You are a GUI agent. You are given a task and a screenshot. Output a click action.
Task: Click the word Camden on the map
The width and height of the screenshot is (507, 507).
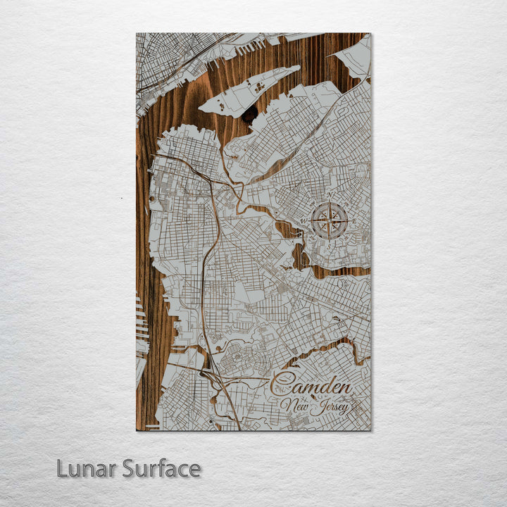311,386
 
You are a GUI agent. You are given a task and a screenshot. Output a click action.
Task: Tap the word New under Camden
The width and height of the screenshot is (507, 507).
294,406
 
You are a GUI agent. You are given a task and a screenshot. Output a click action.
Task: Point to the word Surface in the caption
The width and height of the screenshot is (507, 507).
161,468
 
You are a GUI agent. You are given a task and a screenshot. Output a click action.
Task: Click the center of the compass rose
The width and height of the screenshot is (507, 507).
330,220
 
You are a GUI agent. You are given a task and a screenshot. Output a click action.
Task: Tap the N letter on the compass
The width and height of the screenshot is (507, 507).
330,197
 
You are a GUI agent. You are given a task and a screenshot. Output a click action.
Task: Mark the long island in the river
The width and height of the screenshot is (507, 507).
250,92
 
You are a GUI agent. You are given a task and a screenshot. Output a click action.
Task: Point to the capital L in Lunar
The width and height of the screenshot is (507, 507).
63,468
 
